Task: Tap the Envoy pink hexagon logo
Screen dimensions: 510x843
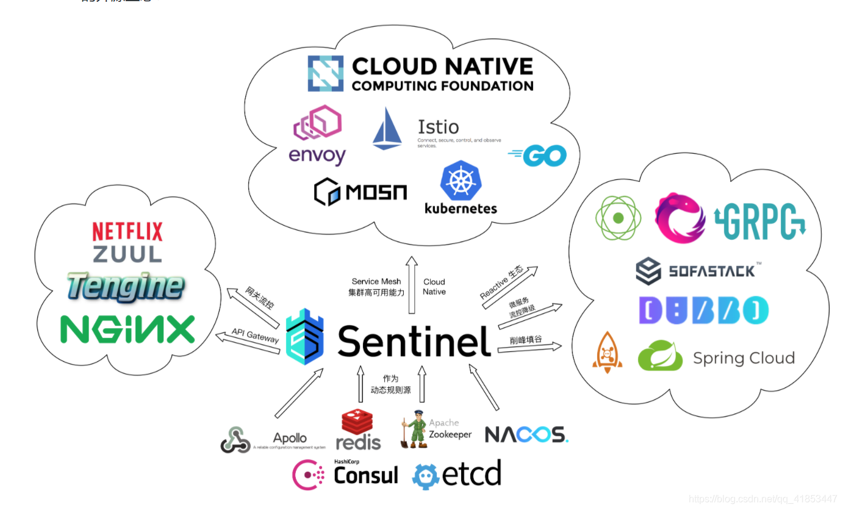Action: click(x=317, y=125)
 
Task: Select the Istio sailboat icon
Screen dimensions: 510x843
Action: click(x=387, y=129)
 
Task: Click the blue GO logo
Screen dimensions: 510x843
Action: click(x=538, y=156)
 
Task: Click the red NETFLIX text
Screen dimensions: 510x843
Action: click(x=127, y=231)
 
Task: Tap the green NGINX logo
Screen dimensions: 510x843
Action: click(x=127, y=329)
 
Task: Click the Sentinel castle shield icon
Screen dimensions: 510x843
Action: click(x=303, y=340)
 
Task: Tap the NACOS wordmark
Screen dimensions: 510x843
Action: click(x=526, y=434)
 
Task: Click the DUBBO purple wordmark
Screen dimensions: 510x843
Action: click(x=703, y=311)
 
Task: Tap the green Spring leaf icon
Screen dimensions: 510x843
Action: click(x=660, y=356)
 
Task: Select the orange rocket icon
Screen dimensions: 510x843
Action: click(x=607, y=353)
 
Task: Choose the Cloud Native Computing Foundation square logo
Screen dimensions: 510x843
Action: click(x=326, y=74)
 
